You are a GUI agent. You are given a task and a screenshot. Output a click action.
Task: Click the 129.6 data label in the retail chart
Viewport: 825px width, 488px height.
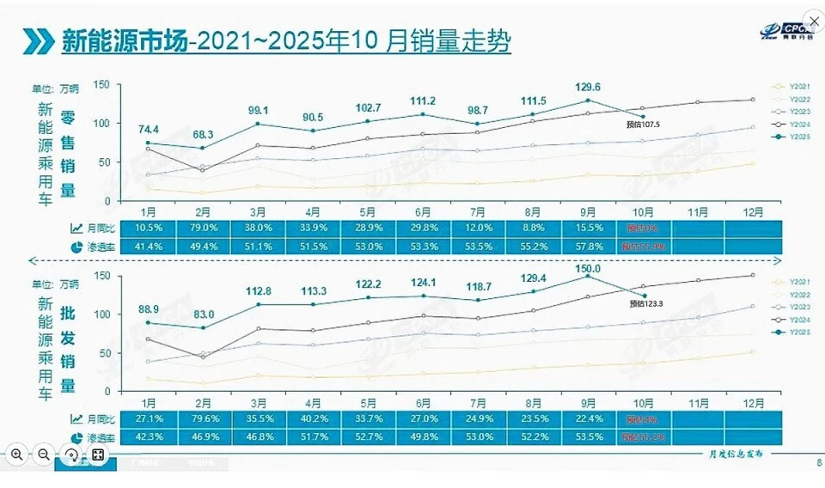(x=588, y=87)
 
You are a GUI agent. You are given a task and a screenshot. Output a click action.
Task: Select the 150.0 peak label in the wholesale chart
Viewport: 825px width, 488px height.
(x=589, y=269)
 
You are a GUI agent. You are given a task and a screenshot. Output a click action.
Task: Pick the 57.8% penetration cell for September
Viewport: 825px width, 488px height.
(x=588, y=247)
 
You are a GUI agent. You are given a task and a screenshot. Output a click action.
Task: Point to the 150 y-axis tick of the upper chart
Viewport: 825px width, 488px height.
(x=102, y=84)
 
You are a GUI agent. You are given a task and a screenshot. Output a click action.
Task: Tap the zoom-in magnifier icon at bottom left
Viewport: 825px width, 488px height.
(x=17, y=454)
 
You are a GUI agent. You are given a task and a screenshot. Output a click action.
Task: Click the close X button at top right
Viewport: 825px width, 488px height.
(x=813, y=19)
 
